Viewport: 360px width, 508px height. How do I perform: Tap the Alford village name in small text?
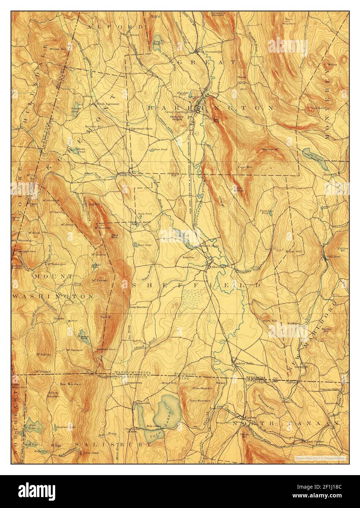pos(135,35)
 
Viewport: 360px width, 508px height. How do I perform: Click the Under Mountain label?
pos(139,307)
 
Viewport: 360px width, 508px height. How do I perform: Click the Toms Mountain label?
pos(200,401)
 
